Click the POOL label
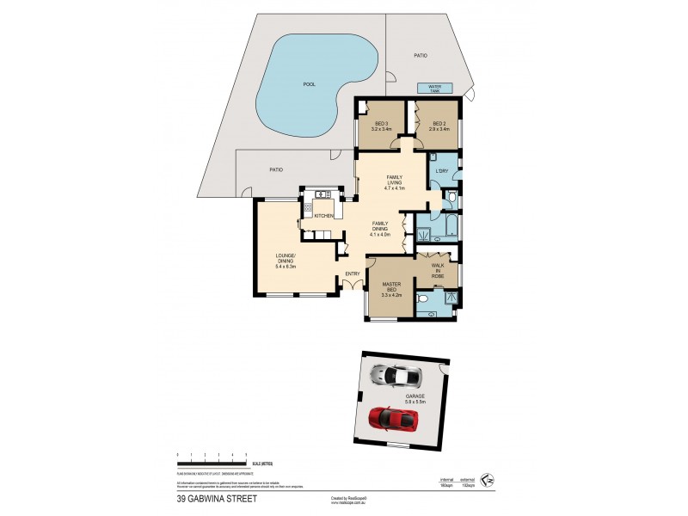(x=309, y=84)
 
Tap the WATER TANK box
(x=428, y=88)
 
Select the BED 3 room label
(x=380, y=126)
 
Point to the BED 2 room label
(x=439, y=126)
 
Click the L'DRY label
(x=443, y=170)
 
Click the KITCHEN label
(x=323, y=215)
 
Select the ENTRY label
(x=353, y=274)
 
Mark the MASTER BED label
(x=391, y=289)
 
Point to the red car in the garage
(x=393, y=419)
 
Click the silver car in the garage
(x=395, y=375)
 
